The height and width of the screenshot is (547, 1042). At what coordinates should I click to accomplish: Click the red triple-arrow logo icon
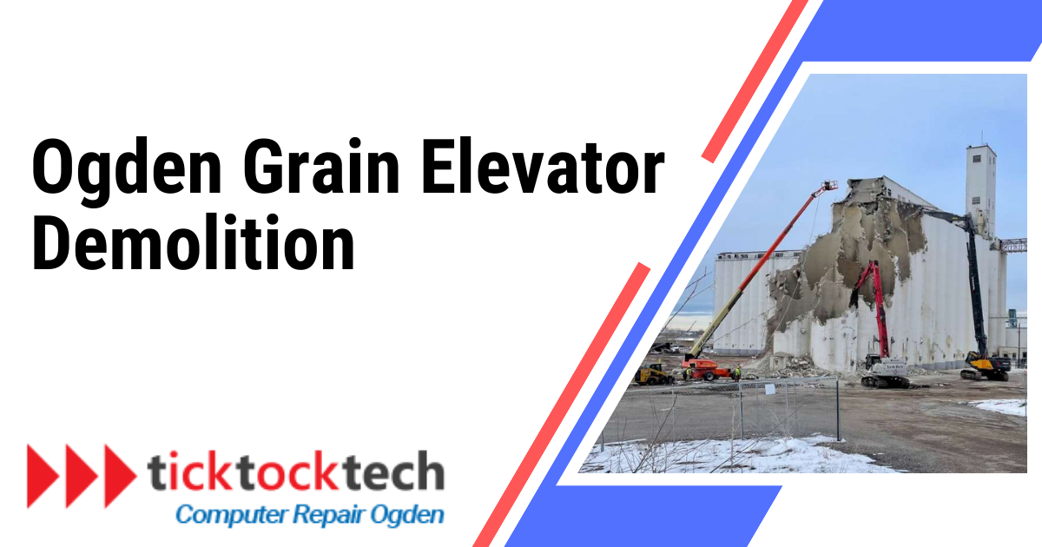point(81,475)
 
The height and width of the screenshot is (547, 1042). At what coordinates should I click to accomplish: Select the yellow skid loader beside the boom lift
point(653,374)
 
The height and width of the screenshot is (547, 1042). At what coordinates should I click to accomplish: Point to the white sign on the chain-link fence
point(769,390)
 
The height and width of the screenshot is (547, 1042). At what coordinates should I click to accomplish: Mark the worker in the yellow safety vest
point(737,372)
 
